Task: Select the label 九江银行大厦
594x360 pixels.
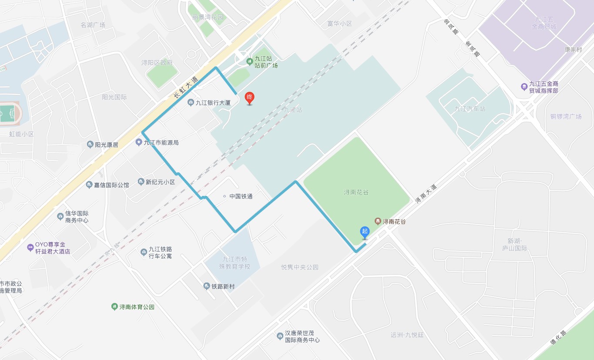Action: tap(213, 103)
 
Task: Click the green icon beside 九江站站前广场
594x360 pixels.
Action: tap(249, 61)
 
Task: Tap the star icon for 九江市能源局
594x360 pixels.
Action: tap(139, 142)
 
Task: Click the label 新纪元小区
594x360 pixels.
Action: tap(160, 182)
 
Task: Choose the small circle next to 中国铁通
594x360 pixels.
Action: tap(225, 196)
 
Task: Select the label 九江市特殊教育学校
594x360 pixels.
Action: tap(235, 262)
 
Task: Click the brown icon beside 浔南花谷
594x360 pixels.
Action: tap(377, 222)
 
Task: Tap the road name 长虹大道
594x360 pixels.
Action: tap(185, 87)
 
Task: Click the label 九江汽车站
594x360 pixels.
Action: tap(470, 109)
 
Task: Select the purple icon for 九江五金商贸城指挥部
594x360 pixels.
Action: tap(524, 87)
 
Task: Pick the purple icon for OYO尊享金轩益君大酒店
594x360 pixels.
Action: tap(30, 248)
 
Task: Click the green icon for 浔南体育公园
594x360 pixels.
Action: tap(114, 307)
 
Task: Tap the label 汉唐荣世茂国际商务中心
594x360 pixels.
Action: tap(302, 336)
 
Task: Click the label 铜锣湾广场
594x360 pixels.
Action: tap(566, 117)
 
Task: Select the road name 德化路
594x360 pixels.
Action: tap(558, 337)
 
